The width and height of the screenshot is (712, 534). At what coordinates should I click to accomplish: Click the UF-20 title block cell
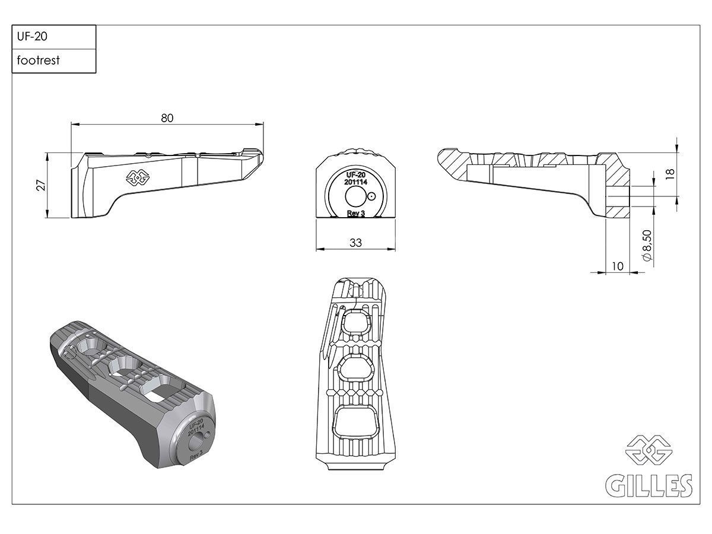tap(53, 37)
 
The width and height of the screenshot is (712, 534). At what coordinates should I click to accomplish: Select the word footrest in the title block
tap(39, 61)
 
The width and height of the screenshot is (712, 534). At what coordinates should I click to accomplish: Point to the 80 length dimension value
tap(167, 117)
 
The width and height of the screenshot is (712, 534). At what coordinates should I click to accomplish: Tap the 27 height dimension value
tap(41, 185)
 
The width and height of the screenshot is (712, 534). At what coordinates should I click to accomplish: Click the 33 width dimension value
tap(355, 242)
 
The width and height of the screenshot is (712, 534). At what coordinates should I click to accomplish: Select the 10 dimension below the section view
tap(618, 266)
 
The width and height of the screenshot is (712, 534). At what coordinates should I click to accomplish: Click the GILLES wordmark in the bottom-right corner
tap(648, 485)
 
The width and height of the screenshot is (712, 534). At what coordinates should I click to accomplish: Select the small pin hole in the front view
tap(371, 195)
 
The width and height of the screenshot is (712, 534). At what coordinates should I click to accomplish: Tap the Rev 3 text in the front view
tap(355, 213)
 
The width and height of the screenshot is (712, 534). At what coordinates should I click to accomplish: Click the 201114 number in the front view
tap(355, 183)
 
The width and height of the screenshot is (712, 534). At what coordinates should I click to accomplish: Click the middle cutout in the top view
tap(355, 369)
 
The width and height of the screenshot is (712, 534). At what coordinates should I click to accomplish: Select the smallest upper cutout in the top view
tap(355, 323)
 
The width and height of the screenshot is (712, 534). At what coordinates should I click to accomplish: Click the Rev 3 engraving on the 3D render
tap(196, 456)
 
